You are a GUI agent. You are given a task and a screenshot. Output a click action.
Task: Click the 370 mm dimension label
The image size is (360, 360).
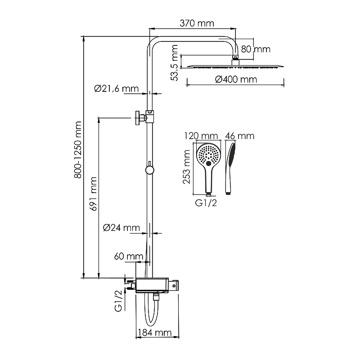click(197, 23)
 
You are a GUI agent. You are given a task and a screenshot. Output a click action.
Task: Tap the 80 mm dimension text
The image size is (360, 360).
click(256, 49)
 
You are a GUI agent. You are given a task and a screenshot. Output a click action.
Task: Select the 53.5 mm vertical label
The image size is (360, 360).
click(175, 63)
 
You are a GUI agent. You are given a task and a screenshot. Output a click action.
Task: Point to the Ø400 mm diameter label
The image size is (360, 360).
click(236, 80)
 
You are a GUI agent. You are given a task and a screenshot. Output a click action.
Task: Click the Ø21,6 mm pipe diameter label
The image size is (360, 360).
click(117, 89)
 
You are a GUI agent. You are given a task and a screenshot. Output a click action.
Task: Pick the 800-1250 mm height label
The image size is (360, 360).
click(78, 150)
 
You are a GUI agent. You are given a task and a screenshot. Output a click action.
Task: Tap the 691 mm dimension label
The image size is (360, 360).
click(94, 194)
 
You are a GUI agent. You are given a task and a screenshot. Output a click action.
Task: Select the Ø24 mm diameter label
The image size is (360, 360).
click(121, 228)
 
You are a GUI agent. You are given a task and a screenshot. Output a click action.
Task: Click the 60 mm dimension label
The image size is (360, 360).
click(129, 256)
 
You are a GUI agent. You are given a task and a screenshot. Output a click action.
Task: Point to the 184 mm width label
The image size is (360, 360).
click(155, 333)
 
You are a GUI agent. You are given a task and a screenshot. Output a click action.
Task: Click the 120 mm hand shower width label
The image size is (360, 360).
click(201, 136)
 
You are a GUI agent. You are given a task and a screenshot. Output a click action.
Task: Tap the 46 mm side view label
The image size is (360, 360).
click(240, 136)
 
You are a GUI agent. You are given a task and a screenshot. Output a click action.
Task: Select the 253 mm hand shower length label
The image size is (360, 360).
click(187, 167)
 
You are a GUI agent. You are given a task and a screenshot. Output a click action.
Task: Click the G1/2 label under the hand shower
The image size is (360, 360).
click(206, 203)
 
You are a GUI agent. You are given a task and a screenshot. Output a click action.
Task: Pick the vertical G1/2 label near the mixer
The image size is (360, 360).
click(118, 301)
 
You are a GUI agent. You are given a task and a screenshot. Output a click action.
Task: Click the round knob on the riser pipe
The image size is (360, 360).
click(150, 170)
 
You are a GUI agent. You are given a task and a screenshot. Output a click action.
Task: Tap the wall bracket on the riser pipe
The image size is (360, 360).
click(144, 117)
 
